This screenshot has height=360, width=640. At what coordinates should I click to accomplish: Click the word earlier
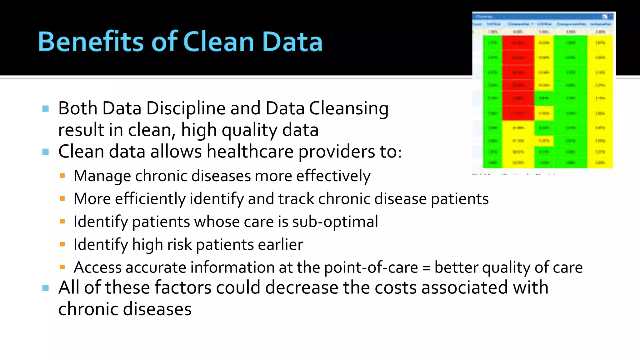coord(280,244)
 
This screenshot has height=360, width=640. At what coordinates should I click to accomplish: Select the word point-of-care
coord(371,267)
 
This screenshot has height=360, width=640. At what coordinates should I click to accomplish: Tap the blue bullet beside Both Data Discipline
coord(46,109)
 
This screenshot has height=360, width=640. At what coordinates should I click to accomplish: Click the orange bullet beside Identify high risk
coord(62,244)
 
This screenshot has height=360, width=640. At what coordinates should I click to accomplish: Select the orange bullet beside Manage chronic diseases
coord(62,176)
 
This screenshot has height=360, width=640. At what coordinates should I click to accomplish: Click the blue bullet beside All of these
coord(46,288)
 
